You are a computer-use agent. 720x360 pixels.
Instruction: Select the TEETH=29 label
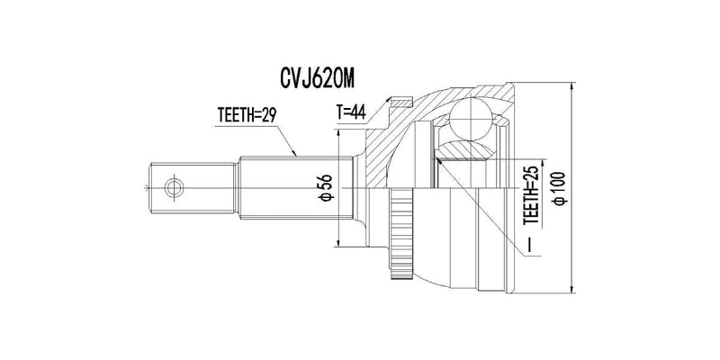coord(247,116)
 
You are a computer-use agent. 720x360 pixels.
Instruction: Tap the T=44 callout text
coord(351,112)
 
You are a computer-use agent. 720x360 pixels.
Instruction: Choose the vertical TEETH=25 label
coord(533,194)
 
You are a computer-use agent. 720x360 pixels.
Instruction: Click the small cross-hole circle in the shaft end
coord(175,188)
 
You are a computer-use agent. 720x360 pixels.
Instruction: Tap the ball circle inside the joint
coord(469,118)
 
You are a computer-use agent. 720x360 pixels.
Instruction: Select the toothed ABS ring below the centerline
coord(400,234)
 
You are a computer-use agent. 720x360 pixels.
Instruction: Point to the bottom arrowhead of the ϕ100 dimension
coord(572,289)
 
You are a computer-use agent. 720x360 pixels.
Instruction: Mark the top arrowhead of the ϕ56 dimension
coord(338,133)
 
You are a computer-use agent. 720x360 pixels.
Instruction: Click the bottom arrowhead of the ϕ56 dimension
coord(338,242)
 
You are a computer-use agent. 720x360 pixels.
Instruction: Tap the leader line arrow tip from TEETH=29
coord(295,155)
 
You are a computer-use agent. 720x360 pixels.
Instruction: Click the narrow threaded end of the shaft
coord(193,188)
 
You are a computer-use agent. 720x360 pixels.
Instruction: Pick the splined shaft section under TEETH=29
coord(296,188)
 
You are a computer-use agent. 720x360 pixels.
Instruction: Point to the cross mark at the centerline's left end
coord(147,188)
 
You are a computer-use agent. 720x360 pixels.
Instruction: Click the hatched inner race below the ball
coord(464,150)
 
